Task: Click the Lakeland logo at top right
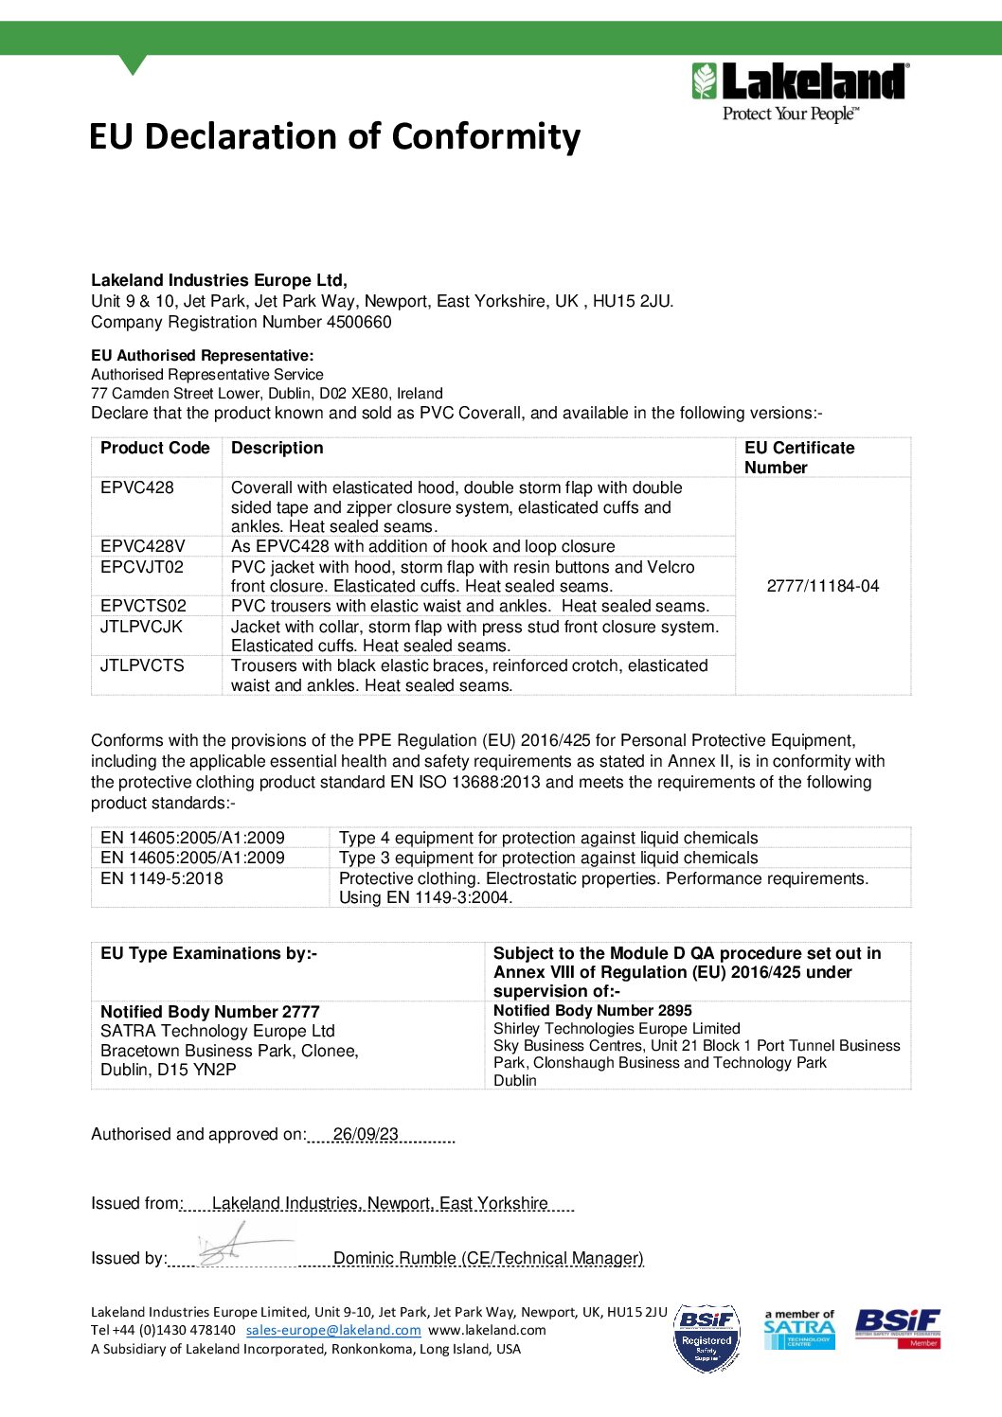[x=800, y=92]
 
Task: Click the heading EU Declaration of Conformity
[x=334, y=136]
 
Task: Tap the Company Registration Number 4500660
[x=242, y=322]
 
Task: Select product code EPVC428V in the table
[x=143, y=546]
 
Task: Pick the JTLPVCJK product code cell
[x=142, y=627]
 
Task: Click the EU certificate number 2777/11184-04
[x=822, y=586]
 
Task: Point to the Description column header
[x=277, y=448]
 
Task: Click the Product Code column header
[x=155, y=448]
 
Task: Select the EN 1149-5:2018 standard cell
[x=162, y=878]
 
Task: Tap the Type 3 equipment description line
[x=548, y=858]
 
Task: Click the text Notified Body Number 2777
[x=210, y=1012]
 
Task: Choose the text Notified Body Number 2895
[x=593, y=1011]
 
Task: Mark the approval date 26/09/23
[x=366, y=1134]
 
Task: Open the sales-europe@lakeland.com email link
[x=333, y=1330]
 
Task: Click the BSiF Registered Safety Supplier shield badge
[x=707, y=1338]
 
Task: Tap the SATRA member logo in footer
[x=799, y=1329]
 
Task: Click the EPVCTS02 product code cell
[x=144, y=606]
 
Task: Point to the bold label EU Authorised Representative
[x=202, y=356]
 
